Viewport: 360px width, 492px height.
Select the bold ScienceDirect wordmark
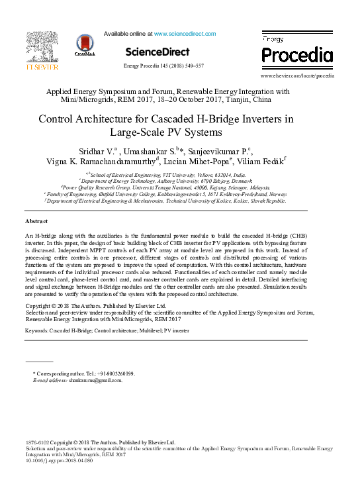tap(157, 52)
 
